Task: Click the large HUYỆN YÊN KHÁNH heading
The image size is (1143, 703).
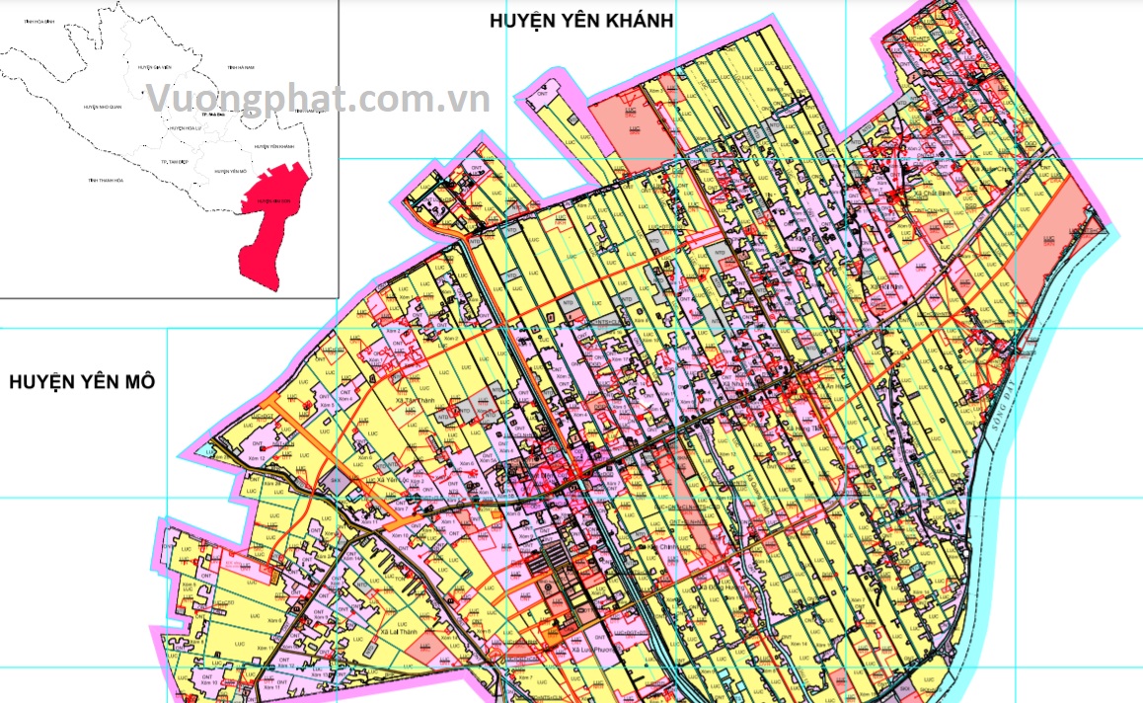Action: point(581,21)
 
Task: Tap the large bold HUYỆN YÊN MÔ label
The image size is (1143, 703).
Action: point(82,382)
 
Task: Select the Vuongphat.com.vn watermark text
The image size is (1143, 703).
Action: point(318,99)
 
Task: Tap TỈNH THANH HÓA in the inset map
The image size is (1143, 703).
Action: point(106,181)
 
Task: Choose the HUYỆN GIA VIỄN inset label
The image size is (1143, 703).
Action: point(162,67)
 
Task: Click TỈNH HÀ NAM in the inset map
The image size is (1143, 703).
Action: point(241,67)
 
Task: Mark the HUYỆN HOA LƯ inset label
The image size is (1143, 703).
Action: point(186,128)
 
